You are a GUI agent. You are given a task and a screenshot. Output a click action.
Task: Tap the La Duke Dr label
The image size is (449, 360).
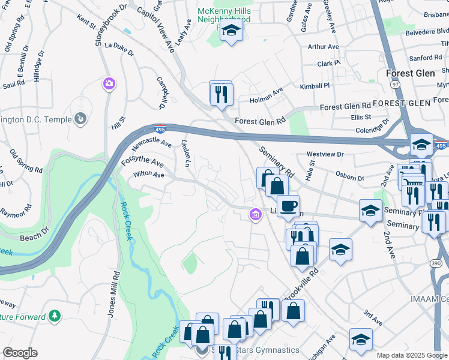pos(119,48)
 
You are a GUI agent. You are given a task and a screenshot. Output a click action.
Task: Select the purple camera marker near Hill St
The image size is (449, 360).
pos(109,83)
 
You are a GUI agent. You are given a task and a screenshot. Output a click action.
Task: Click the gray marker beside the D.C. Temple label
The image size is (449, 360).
pos(80,118)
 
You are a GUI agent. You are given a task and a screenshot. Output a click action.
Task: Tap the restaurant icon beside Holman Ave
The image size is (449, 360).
pos(221,94)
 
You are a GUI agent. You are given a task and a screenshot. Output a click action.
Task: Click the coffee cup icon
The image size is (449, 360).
pos(288,206)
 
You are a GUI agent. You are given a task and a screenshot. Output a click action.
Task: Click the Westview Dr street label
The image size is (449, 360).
pos(325,154)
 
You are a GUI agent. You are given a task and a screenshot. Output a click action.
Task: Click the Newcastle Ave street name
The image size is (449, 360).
pos(151,145)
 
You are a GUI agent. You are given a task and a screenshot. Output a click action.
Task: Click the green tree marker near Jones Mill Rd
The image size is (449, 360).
pos(54,315)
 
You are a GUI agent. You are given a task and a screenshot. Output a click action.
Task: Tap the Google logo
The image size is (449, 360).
pos(20,353)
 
